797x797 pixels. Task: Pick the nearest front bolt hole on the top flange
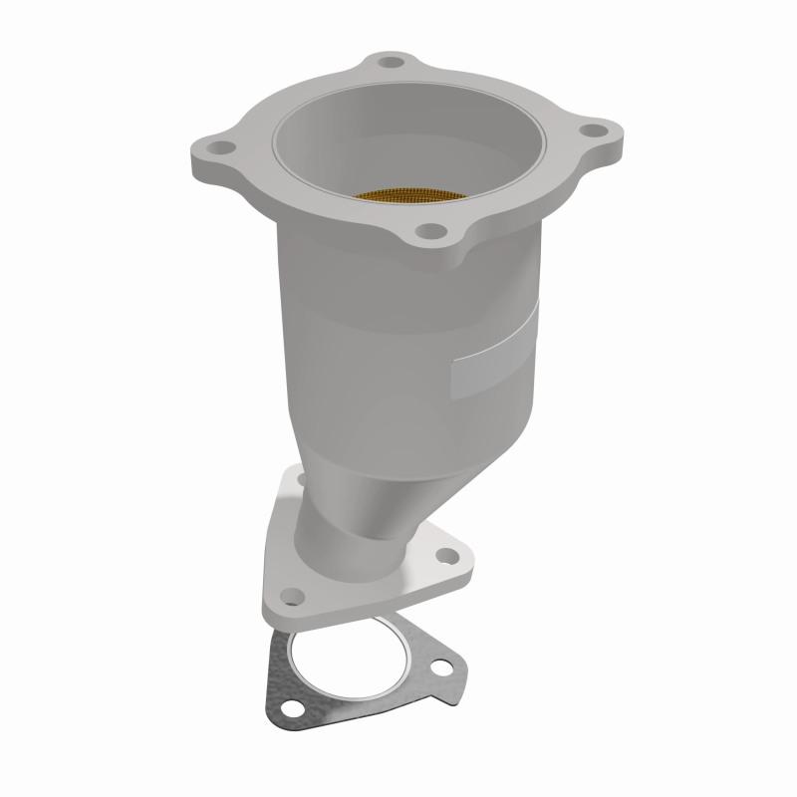[x=430, y=232]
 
